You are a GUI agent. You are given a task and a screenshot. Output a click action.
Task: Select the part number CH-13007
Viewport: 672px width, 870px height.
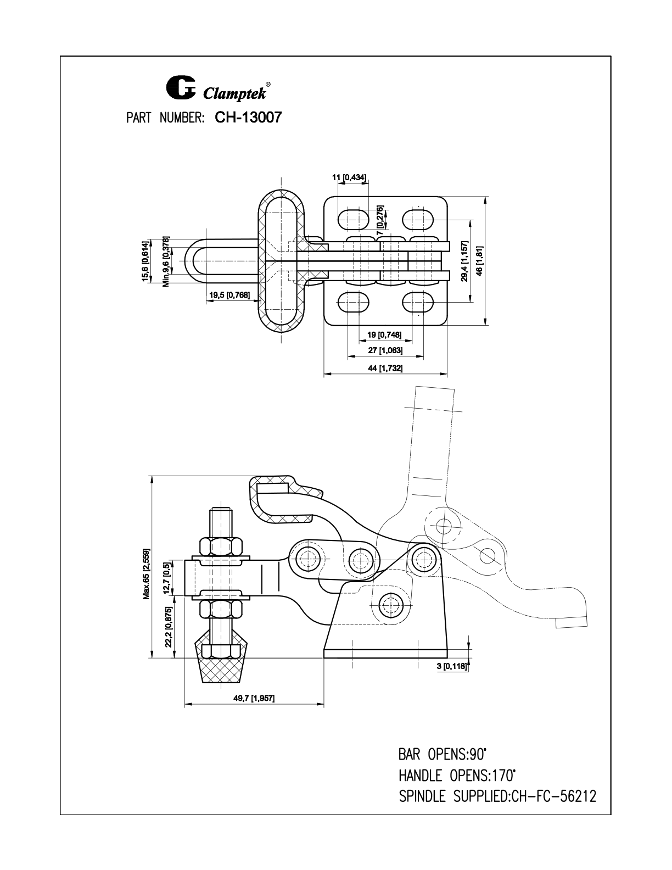[248, 118]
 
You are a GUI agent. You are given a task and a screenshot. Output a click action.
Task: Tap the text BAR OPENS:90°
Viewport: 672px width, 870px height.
[443, 754]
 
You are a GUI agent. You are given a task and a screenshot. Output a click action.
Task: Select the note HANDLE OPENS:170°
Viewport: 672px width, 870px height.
[457, 776]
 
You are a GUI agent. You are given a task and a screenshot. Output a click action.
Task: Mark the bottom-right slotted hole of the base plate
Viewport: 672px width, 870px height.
[418, 302]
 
